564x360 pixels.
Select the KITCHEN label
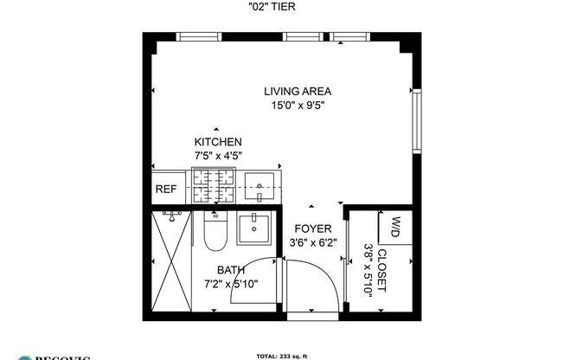(217, 142)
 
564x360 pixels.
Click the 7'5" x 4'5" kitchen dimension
(217, 156)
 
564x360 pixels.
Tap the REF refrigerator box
(165, 189)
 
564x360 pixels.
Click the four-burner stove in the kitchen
(212, 185)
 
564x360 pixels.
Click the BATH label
(230, 269)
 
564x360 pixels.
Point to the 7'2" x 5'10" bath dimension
(230, 283)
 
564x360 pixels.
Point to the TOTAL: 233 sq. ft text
(282, 354)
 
